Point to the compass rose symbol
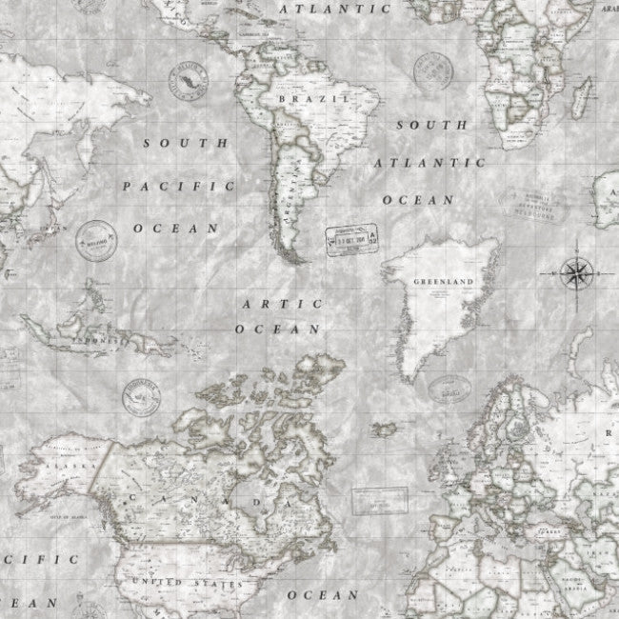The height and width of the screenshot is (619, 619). tap(576, 273)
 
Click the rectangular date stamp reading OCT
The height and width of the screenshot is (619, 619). tap(353, 239)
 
